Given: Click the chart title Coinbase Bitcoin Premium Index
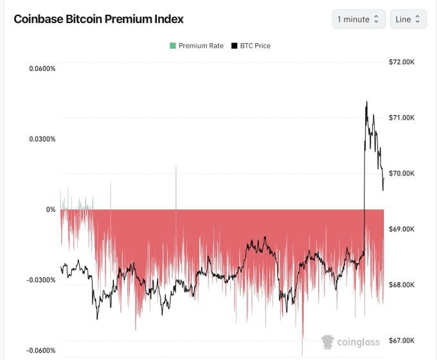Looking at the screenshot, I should (98, 19).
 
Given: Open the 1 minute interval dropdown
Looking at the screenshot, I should (359, 19).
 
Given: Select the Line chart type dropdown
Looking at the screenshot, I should (407, 19).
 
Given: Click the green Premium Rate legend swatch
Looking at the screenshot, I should (172, 46).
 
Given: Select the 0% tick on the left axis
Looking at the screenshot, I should (51, 210).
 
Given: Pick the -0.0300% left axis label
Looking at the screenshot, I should (41, 280).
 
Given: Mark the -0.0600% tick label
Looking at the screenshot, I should (41, 350).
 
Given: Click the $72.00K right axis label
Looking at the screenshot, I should (406, 62).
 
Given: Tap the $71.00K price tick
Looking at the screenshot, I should (406, 118).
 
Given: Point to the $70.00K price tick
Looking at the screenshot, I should (406, 174).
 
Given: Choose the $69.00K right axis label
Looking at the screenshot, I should (406, 229).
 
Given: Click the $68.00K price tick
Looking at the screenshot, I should (406, 285).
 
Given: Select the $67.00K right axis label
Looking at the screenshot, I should (406, 341).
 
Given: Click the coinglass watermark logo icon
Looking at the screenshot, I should (328, 342).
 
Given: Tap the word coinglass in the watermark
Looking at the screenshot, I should (359, 342).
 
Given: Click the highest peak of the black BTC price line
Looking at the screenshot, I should (366, 102).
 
